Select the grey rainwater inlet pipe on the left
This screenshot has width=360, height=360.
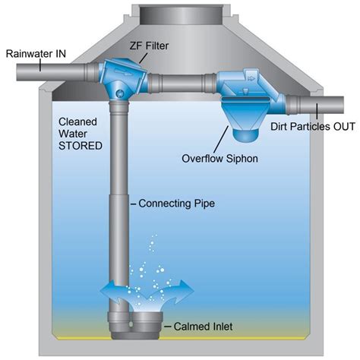pos(46,72)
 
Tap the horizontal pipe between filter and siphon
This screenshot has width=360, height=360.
pos(182,81)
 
